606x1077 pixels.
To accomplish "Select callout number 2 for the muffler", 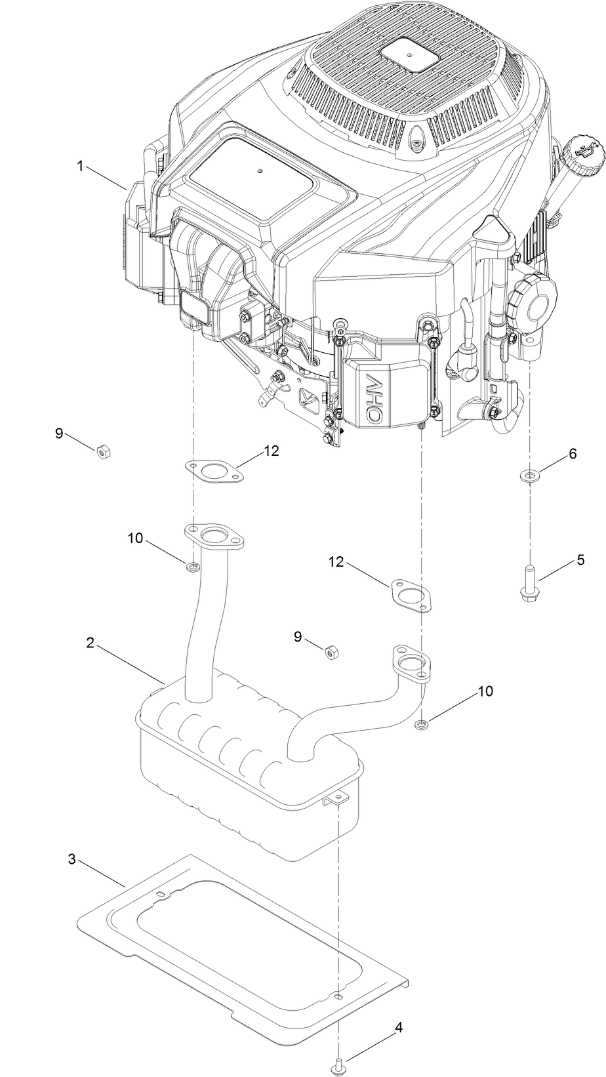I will click(91, 642).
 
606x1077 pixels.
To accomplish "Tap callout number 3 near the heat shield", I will click(72, 859).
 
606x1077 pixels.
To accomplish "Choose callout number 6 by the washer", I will click(573, 453).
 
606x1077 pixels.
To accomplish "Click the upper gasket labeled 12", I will click(212, 471).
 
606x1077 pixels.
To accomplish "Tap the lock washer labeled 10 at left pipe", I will click(192, 566).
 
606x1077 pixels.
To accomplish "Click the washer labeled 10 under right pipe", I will click(422, 724).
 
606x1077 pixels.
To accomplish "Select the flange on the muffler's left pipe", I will click(214, 537).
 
